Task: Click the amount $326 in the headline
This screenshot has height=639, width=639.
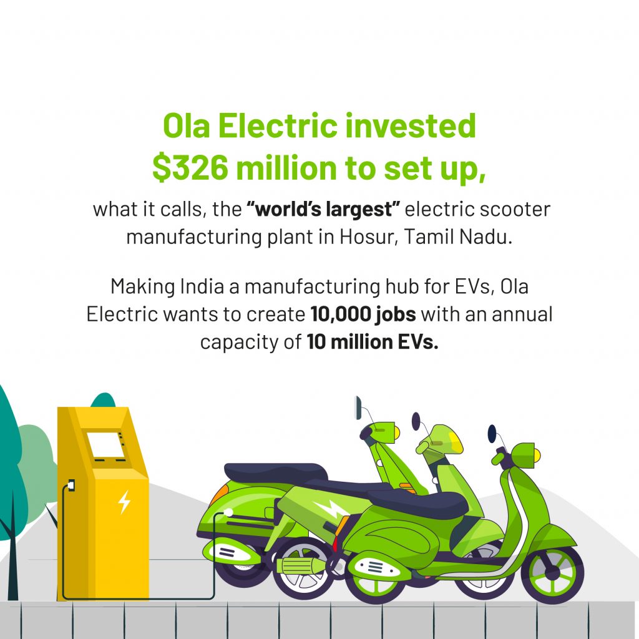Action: click(190, 168)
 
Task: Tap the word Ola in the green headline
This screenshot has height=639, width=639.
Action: click(186, 125)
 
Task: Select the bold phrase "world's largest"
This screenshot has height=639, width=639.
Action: click(323, 210)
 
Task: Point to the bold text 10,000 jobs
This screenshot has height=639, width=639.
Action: click(363, 315)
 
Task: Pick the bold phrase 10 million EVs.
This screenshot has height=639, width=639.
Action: click(373, 341)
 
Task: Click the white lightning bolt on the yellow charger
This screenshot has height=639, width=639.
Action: click(124, 502)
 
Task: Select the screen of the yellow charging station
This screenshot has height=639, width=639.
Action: click(105, 445)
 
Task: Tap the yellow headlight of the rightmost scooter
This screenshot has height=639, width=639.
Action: click(537, 455)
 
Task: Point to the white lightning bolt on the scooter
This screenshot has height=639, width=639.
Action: click(331, 509)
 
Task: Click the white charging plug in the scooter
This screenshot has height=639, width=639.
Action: click(228, 512)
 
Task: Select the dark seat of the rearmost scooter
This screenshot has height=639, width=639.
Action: click(275, 473)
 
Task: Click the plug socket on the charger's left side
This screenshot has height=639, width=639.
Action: click(71, 485)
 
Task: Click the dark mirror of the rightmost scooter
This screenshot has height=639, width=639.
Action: click(492, 433)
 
